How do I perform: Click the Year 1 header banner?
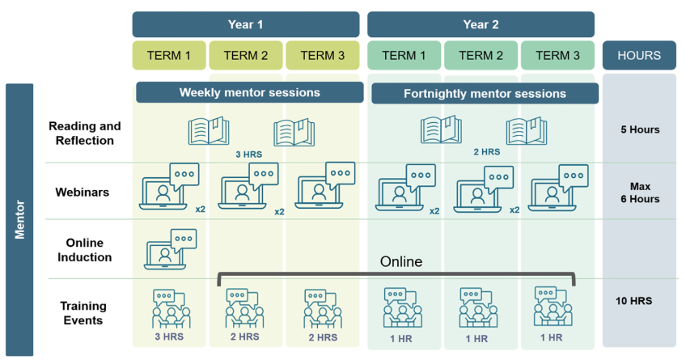(246, 24)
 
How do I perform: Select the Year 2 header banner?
(481, 24)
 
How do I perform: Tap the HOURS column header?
(639, 56)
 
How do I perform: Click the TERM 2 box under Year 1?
(246, 56)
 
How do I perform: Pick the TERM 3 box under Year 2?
(558, 56)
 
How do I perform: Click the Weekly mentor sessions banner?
(250, 92)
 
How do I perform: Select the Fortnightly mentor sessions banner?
(485, 94)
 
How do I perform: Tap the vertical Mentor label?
(19, 219)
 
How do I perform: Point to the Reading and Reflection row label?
(84, 133)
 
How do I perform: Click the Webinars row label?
(83, 192)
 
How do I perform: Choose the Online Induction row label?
(84, 250)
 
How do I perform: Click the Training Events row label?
(83, 313)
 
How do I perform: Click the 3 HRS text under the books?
(249, 155)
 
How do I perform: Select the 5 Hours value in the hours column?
(640, 129)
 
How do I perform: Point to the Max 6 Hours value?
(640, 193)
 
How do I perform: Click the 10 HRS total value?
(634, 301)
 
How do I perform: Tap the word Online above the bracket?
(401, 261)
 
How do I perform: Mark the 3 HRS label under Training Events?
(169, 337)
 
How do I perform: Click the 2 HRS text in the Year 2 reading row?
(487, 152)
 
